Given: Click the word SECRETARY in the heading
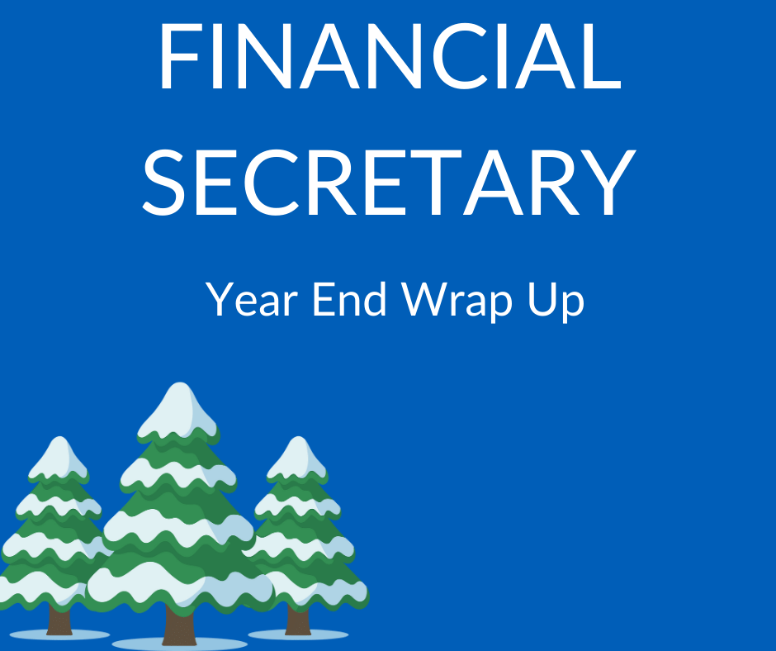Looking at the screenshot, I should tap(388, 179).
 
